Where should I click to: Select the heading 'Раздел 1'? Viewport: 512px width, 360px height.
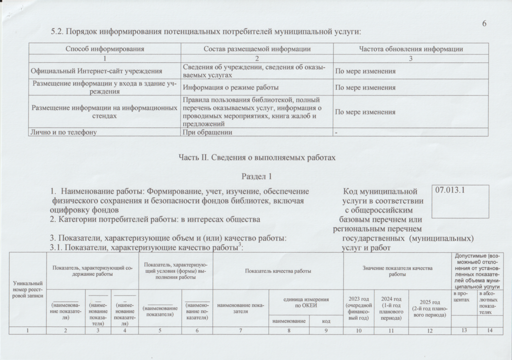click(256, 176)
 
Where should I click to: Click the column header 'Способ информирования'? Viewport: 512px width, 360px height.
click(105, 49)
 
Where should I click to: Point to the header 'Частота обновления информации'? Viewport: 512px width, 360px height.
click(411, 49)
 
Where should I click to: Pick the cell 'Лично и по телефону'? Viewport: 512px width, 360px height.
click(63, 132)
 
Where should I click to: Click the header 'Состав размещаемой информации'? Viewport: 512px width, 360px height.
click(257, 49)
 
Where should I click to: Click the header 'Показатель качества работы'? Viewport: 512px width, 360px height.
click(278, 271)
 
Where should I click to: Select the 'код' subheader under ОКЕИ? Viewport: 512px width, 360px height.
click(325, 320)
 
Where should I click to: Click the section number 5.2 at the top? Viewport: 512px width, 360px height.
click(58, 31)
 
